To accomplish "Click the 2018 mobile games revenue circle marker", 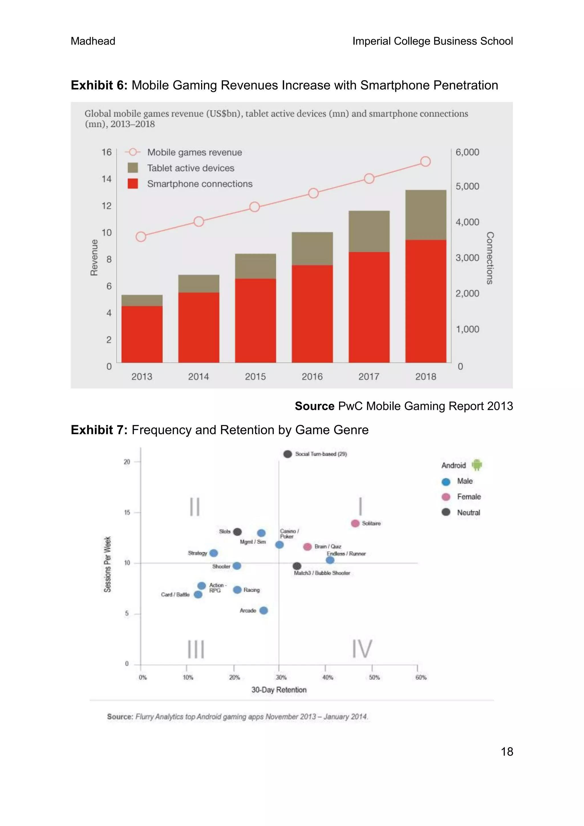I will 425,161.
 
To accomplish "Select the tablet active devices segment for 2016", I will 312,249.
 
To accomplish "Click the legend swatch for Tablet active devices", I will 133,168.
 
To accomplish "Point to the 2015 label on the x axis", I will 255,377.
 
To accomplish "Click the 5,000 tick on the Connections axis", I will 467,186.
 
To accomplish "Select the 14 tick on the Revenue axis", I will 106,179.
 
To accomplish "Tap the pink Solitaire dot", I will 355,523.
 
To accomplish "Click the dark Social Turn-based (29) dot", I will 287,454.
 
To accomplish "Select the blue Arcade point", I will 263,610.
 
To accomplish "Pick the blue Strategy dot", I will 214,553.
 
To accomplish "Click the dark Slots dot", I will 237,532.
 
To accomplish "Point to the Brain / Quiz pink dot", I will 307,547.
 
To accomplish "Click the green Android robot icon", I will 477,465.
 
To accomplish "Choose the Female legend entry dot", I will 446,497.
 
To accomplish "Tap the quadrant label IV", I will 362,649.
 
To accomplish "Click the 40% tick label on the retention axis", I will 328,677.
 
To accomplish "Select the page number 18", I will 507,752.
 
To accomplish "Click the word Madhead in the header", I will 93,41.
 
